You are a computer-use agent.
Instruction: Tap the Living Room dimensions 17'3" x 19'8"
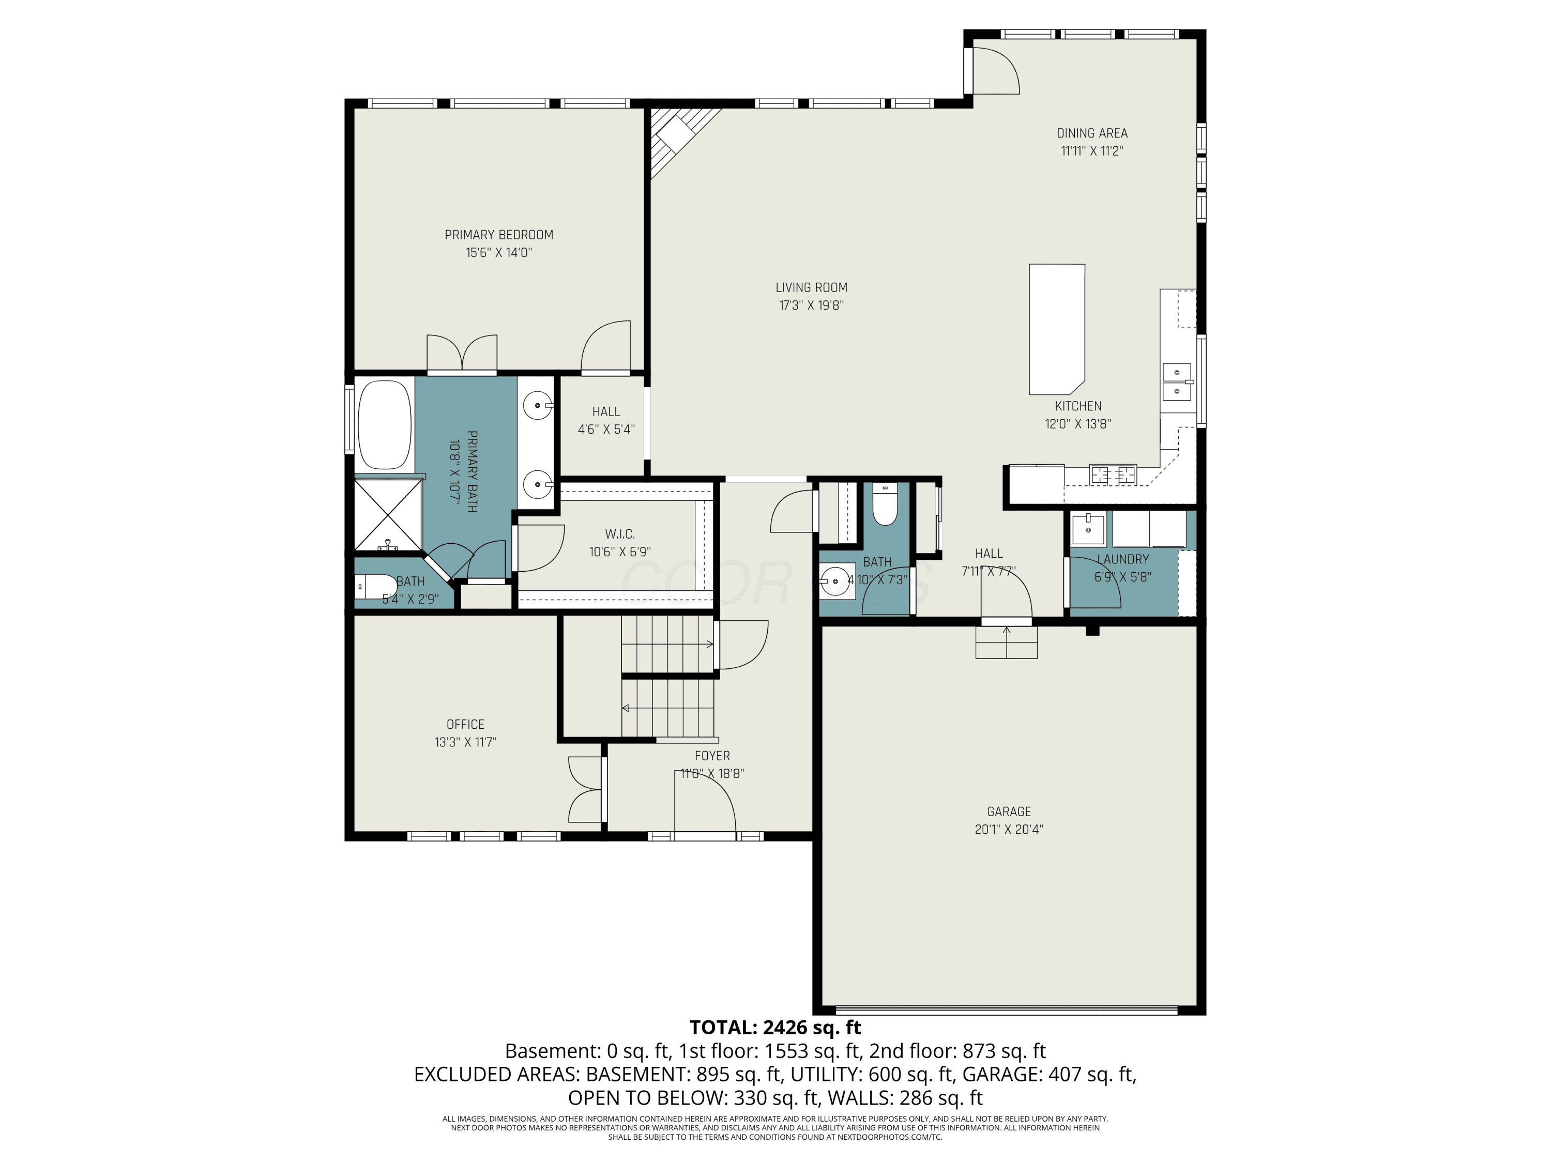811,305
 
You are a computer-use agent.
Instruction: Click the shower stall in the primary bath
388,514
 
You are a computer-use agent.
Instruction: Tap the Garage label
1009,812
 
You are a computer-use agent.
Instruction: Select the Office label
466,725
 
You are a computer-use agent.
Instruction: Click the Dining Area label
1092,133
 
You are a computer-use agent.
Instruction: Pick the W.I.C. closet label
620,534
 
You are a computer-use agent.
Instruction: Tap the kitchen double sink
1177,381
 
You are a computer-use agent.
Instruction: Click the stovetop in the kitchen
1113,475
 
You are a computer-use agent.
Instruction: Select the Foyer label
712,756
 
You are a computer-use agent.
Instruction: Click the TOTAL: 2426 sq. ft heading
775,1028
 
